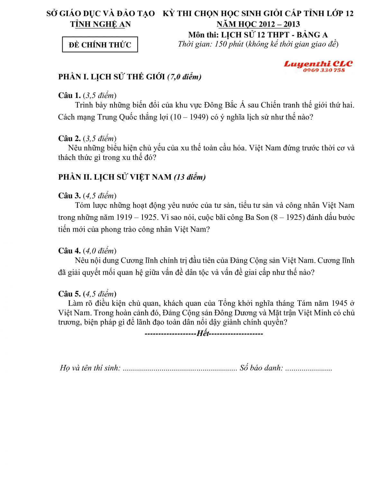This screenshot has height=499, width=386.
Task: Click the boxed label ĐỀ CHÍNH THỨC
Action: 100,45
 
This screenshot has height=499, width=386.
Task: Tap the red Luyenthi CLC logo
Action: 318,64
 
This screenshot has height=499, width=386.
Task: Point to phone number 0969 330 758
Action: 324,70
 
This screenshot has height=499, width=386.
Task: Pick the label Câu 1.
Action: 69,95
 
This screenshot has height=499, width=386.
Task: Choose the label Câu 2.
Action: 69,138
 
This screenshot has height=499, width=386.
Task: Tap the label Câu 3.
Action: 69,196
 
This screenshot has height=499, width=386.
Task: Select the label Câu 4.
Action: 69,251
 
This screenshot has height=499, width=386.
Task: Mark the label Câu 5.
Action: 69,294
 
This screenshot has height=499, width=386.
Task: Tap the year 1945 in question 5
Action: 339,303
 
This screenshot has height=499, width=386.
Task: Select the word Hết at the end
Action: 203,333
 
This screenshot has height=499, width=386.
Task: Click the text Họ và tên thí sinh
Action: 90,368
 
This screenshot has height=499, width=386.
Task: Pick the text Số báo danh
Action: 261,368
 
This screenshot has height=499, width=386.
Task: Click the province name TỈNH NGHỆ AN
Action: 100,24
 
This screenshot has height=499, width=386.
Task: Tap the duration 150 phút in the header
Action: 229,44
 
